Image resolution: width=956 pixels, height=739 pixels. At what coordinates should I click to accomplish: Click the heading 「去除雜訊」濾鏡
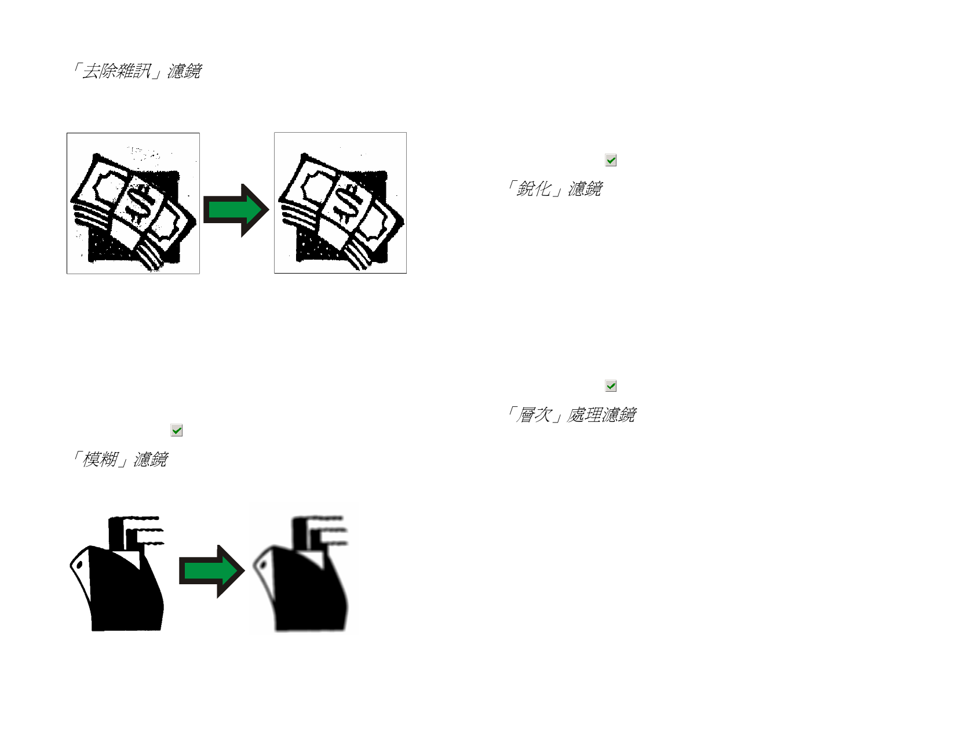click(136, 71)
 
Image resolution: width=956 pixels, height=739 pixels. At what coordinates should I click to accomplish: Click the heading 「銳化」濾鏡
click(554, 188)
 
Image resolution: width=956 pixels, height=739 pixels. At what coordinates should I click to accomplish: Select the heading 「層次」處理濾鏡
click(571, 414)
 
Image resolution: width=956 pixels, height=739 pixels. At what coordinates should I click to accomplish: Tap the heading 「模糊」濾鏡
click(119, 459)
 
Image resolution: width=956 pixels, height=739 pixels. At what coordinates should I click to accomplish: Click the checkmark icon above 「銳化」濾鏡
click(611, 160)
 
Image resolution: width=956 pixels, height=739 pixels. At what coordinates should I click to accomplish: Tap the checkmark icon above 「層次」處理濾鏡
click(611, 386)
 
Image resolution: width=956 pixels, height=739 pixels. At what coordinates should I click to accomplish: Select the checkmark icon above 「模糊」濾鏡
click(176, 430)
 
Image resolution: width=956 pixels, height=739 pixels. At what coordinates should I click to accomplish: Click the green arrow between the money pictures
click(236, 210)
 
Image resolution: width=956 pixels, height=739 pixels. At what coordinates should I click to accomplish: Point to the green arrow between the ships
click(211, 571)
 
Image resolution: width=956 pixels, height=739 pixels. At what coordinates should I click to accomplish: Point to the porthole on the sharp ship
click(79, 565)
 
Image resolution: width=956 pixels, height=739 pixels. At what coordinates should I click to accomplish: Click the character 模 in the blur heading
click(91, 459)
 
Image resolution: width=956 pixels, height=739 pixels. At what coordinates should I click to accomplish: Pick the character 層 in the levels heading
click(526, 414)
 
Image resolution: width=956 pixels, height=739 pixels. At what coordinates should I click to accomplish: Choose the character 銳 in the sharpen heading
click(526, 188)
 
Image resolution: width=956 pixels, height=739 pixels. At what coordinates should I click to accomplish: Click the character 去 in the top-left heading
click(90, 71)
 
